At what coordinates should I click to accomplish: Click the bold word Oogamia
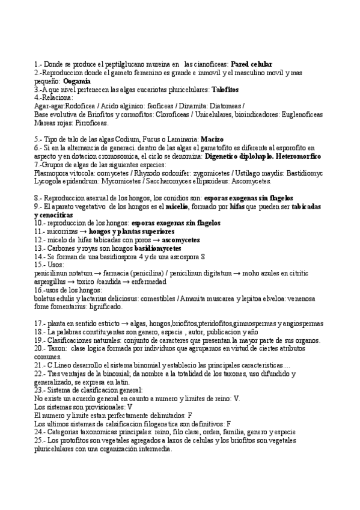pyautogui.click(x=77, y=81)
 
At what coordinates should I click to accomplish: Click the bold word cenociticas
pyautogui.click(x=54, y=214)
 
